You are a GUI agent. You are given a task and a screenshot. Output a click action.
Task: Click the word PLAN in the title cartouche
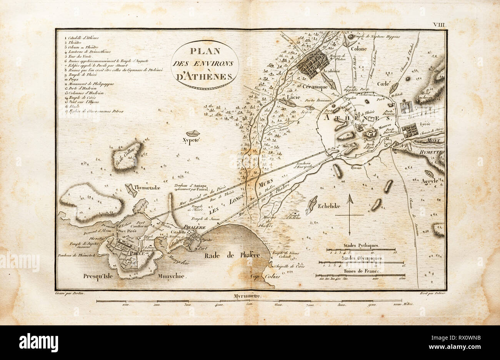pos(204,52)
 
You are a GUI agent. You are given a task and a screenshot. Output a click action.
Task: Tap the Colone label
pos(358,49)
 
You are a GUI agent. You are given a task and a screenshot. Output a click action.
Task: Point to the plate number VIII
pos(439,24)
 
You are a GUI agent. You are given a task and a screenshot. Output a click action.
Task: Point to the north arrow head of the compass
pos(350,198)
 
